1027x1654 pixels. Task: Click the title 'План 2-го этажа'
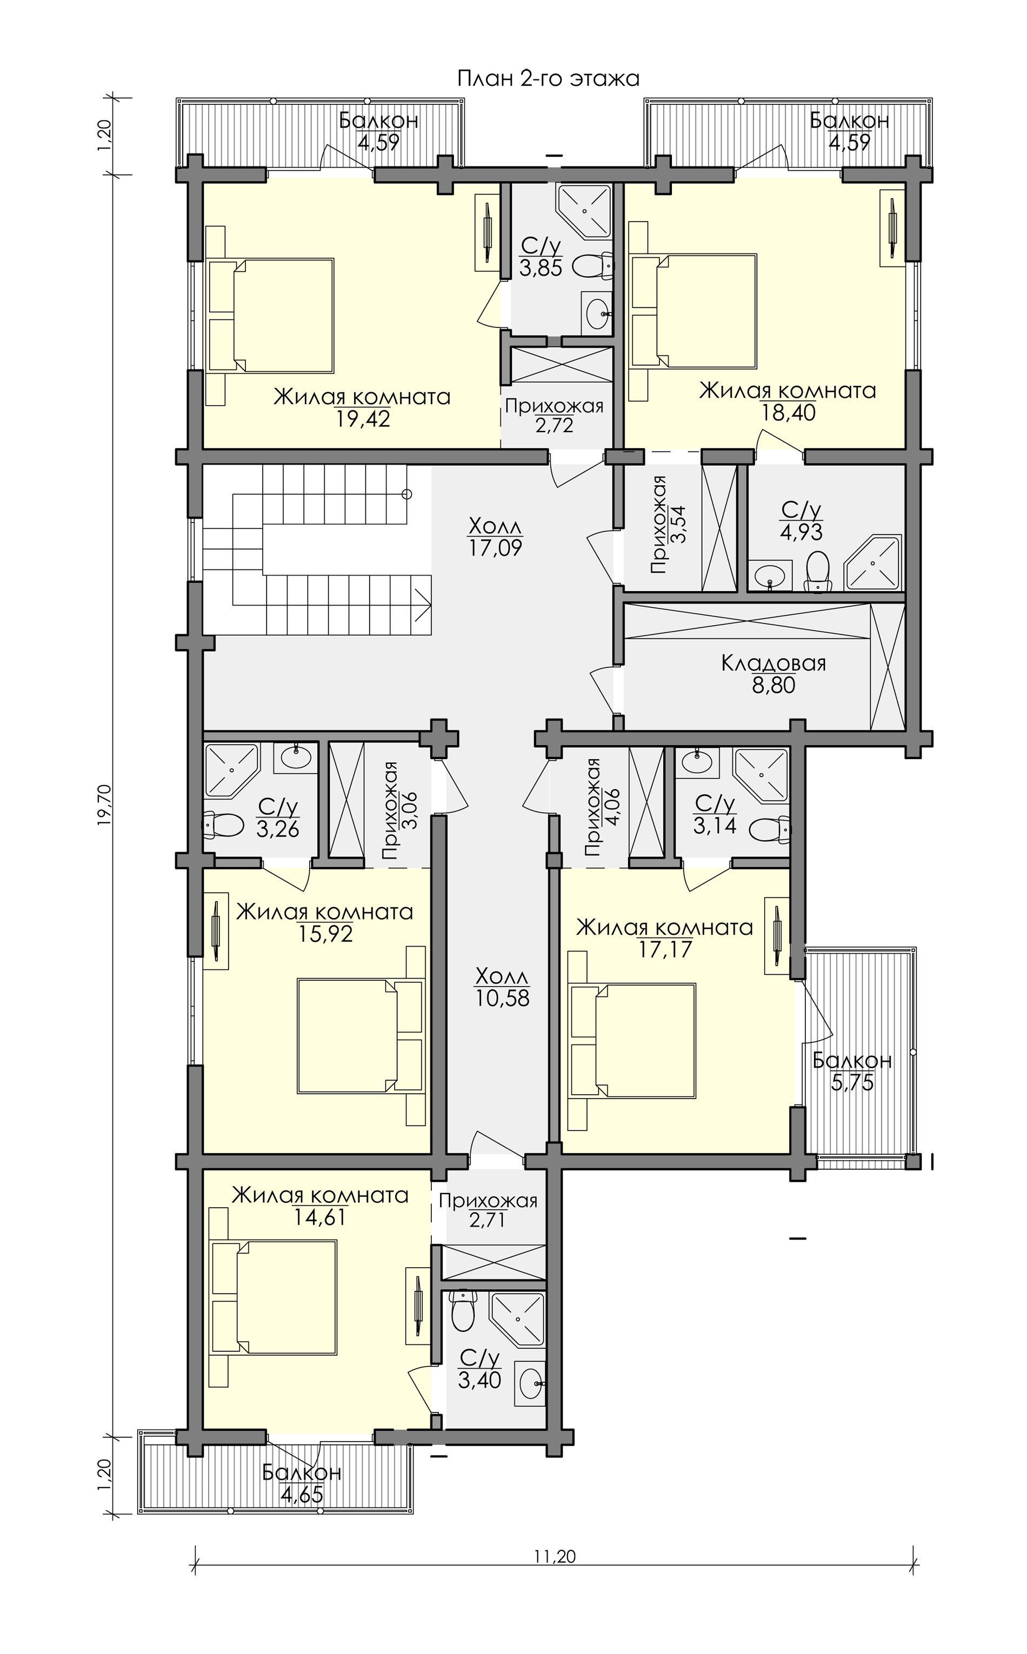click(548, 79)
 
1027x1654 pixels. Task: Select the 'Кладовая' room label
click(773, 662)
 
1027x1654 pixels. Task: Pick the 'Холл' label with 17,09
click(496, 526)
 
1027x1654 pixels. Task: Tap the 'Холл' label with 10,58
click(502, 977)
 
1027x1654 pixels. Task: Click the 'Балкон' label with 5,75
click(852, 1060)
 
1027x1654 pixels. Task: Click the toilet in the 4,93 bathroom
click(817, 571)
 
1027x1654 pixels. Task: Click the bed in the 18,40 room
click(693, 312)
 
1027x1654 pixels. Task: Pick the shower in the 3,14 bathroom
click(762, 775)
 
